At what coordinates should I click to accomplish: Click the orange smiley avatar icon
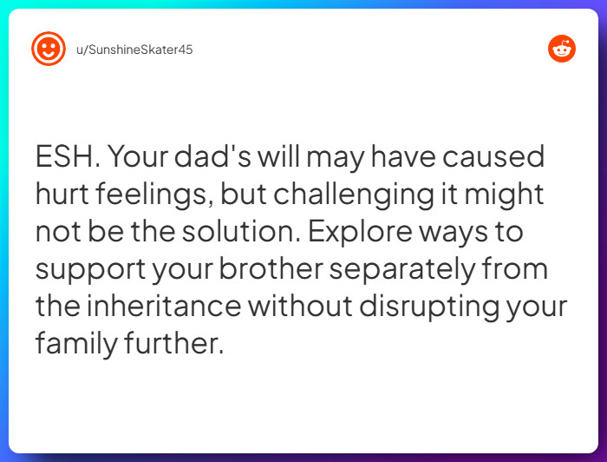click(49, 49)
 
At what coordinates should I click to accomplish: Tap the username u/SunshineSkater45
click(134, 49)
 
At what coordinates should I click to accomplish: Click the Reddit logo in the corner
click(562, 49)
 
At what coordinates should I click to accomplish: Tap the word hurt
click(63, 195)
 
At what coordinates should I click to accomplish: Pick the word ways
click(490, 233)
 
